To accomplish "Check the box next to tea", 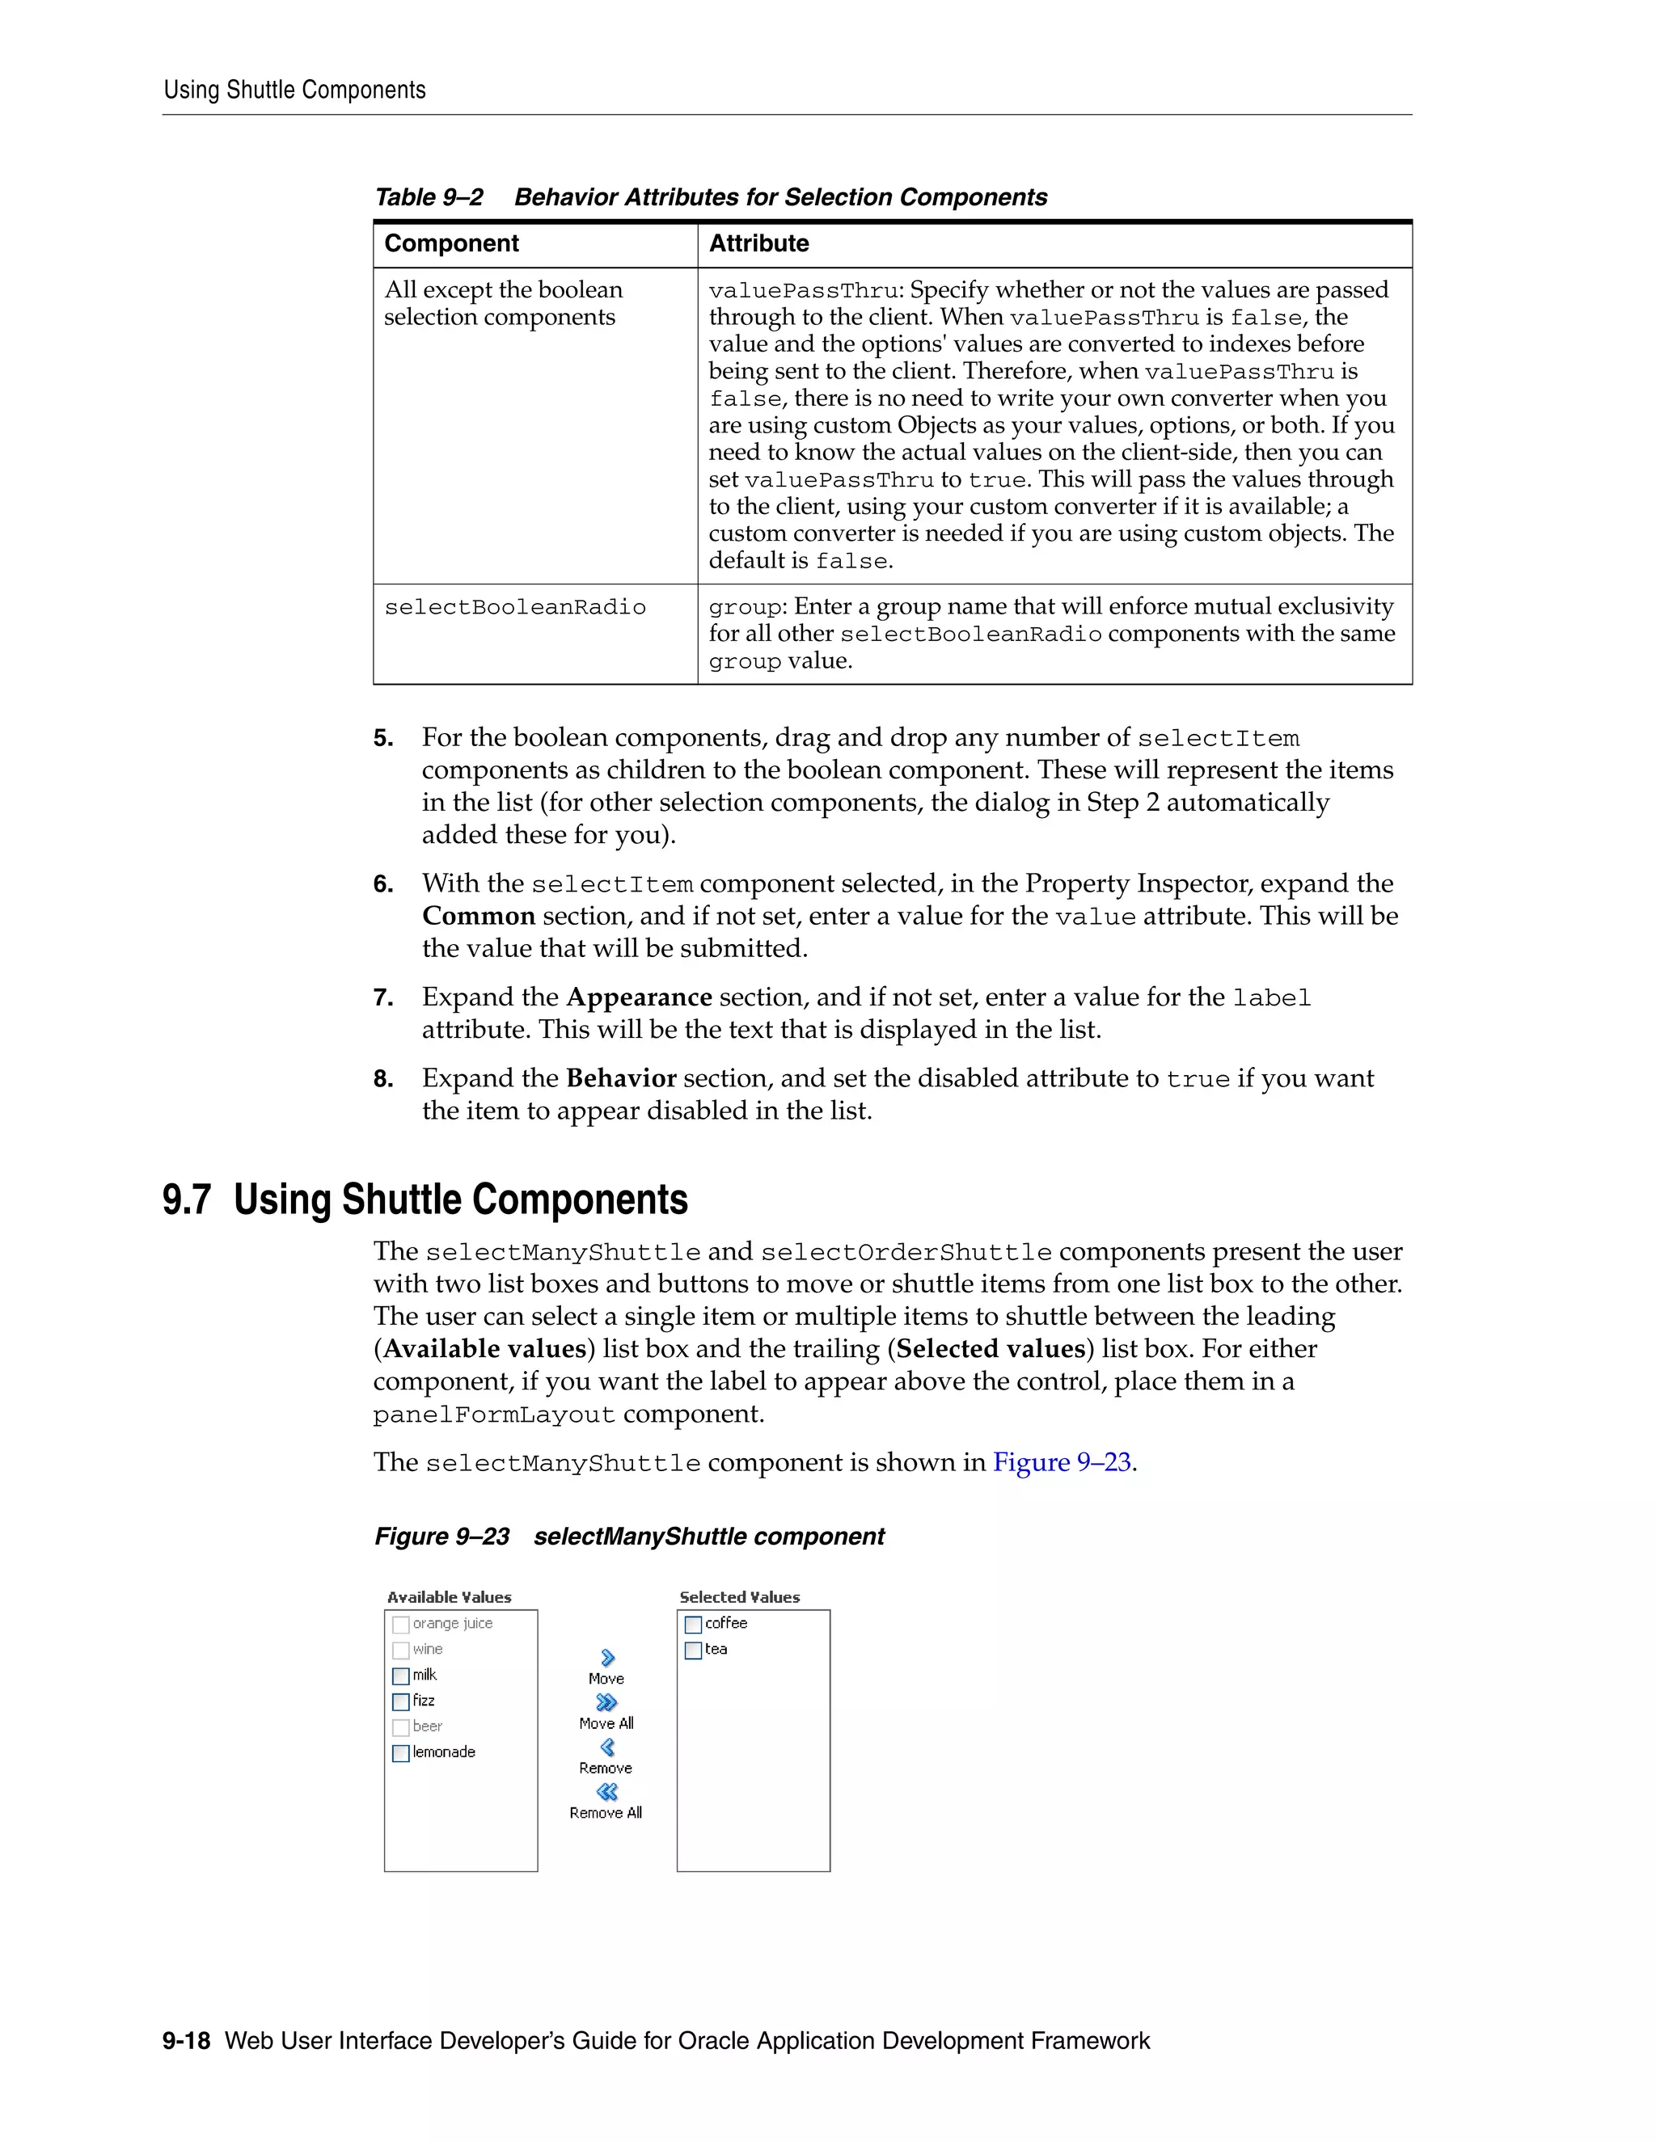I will pyautogui.click(x=693, y=1651).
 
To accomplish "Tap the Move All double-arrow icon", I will pyautogui.click(x=607, y=1702).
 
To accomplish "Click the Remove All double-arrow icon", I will pyautogui.click(x=607, y=1792).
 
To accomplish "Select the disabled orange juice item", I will pyautogui.click(x=451, y=1624).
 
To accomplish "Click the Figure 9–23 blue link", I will pyautogui.click(x=1062, y=1462).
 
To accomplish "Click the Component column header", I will pyautogui.click(x=451, y=243).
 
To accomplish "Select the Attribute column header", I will pyautogui.click(x=758, y=243).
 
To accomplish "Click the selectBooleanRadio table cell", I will pyautogui.click(x=515, y=608).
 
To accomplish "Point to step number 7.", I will pyautogui.click(x=382, y=998).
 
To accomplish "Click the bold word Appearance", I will pyautogui.click(x=639, y=997).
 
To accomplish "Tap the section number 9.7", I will pyautogui.click(x=187, y=1200).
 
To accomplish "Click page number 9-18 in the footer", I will pyautogui.click(x=187, y=2041).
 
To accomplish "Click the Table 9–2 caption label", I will pyautogui.click(x=429, y=197).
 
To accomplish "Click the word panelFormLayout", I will pyautogui.click(x=493, y=1415).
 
